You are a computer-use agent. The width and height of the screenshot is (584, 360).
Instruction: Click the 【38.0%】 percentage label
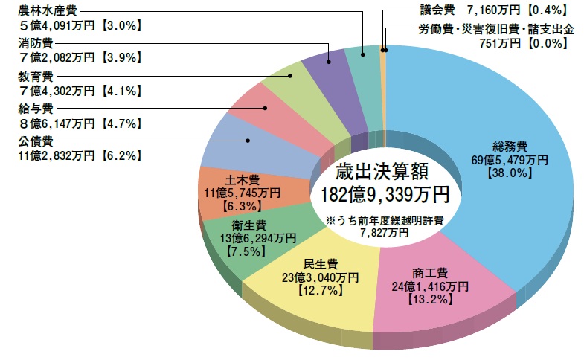click(510, 172)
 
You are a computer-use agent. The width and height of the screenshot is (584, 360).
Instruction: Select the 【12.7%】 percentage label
click(321, 289)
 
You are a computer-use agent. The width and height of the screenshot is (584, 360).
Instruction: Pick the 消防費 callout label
click(36, 44)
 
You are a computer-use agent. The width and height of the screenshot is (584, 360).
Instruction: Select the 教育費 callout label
click(36, 77)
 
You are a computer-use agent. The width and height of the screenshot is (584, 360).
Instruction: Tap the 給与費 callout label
click(36, 109)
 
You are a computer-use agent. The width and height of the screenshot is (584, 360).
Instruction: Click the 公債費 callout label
click(36, 141)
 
